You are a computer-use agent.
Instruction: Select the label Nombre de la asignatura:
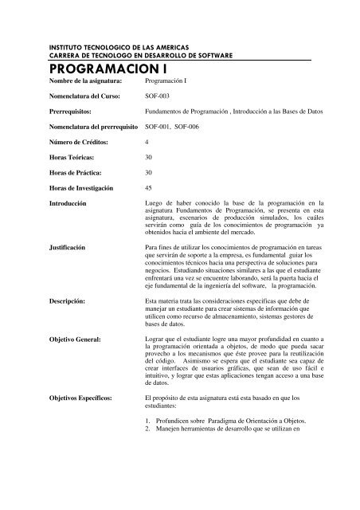85,81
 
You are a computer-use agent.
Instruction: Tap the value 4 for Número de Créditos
147,141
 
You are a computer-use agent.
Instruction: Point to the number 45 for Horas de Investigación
149,187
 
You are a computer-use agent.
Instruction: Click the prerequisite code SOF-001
157,126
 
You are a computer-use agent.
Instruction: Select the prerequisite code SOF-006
190,126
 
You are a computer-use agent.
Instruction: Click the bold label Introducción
73,203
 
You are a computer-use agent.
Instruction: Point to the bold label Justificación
73,248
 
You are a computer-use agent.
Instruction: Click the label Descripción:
72,300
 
